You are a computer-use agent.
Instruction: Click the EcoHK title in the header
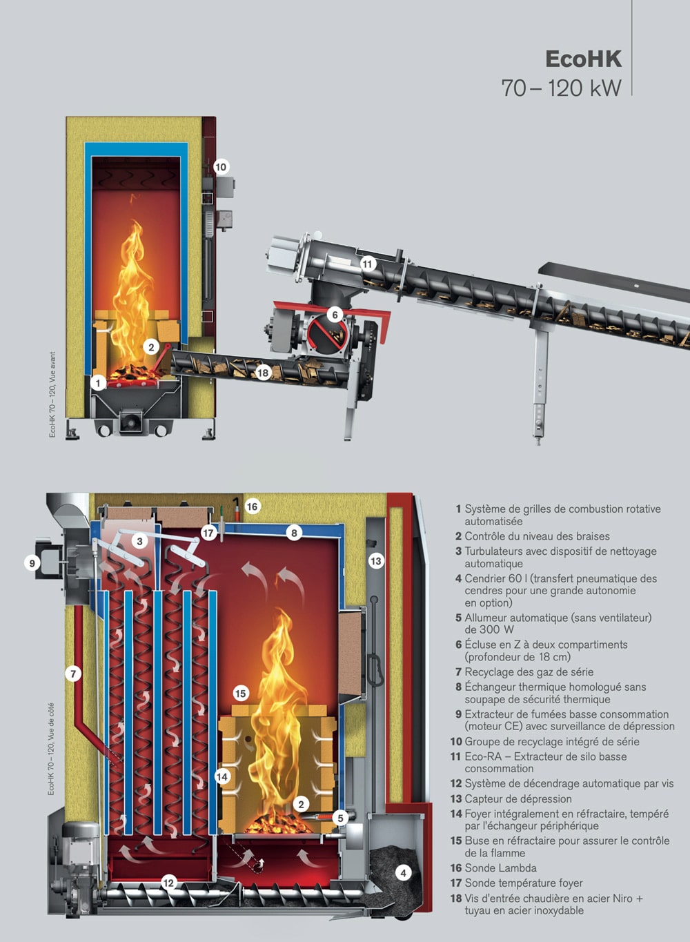tap(583, 59)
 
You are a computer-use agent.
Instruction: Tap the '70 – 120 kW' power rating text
tap(561, 88)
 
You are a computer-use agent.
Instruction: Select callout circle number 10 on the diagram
tap(221, 167)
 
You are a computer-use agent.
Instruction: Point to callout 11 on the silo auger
tap(368, 264)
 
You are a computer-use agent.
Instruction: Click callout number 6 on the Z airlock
tap(335, 315)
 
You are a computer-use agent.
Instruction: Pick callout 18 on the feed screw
tap(263, 373)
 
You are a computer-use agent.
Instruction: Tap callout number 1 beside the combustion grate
tap(99, 383)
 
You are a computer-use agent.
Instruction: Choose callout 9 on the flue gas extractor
tap(32, 563)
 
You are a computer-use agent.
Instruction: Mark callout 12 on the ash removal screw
tap(168, 883)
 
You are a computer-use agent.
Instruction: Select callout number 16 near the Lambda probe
tap(252, 507)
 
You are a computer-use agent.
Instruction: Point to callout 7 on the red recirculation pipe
tap(72, 674)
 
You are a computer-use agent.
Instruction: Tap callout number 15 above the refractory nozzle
tap(241, 694)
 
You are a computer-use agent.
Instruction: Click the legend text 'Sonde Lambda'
tap(500, 868)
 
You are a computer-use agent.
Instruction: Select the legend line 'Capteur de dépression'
tap(518, 798)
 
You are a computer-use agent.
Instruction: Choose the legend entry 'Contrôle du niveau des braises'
tap(537, 536)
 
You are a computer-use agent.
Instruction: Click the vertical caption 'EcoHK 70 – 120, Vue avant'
tap(52, 395)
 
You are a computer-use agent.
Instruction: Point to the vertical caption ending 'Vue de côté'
tap(51, 749)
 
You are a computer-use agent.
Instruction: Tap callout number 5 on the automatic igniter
tap(340, 818)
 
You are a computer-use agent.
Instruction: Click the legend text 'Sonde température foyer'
tap(524, 883)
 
